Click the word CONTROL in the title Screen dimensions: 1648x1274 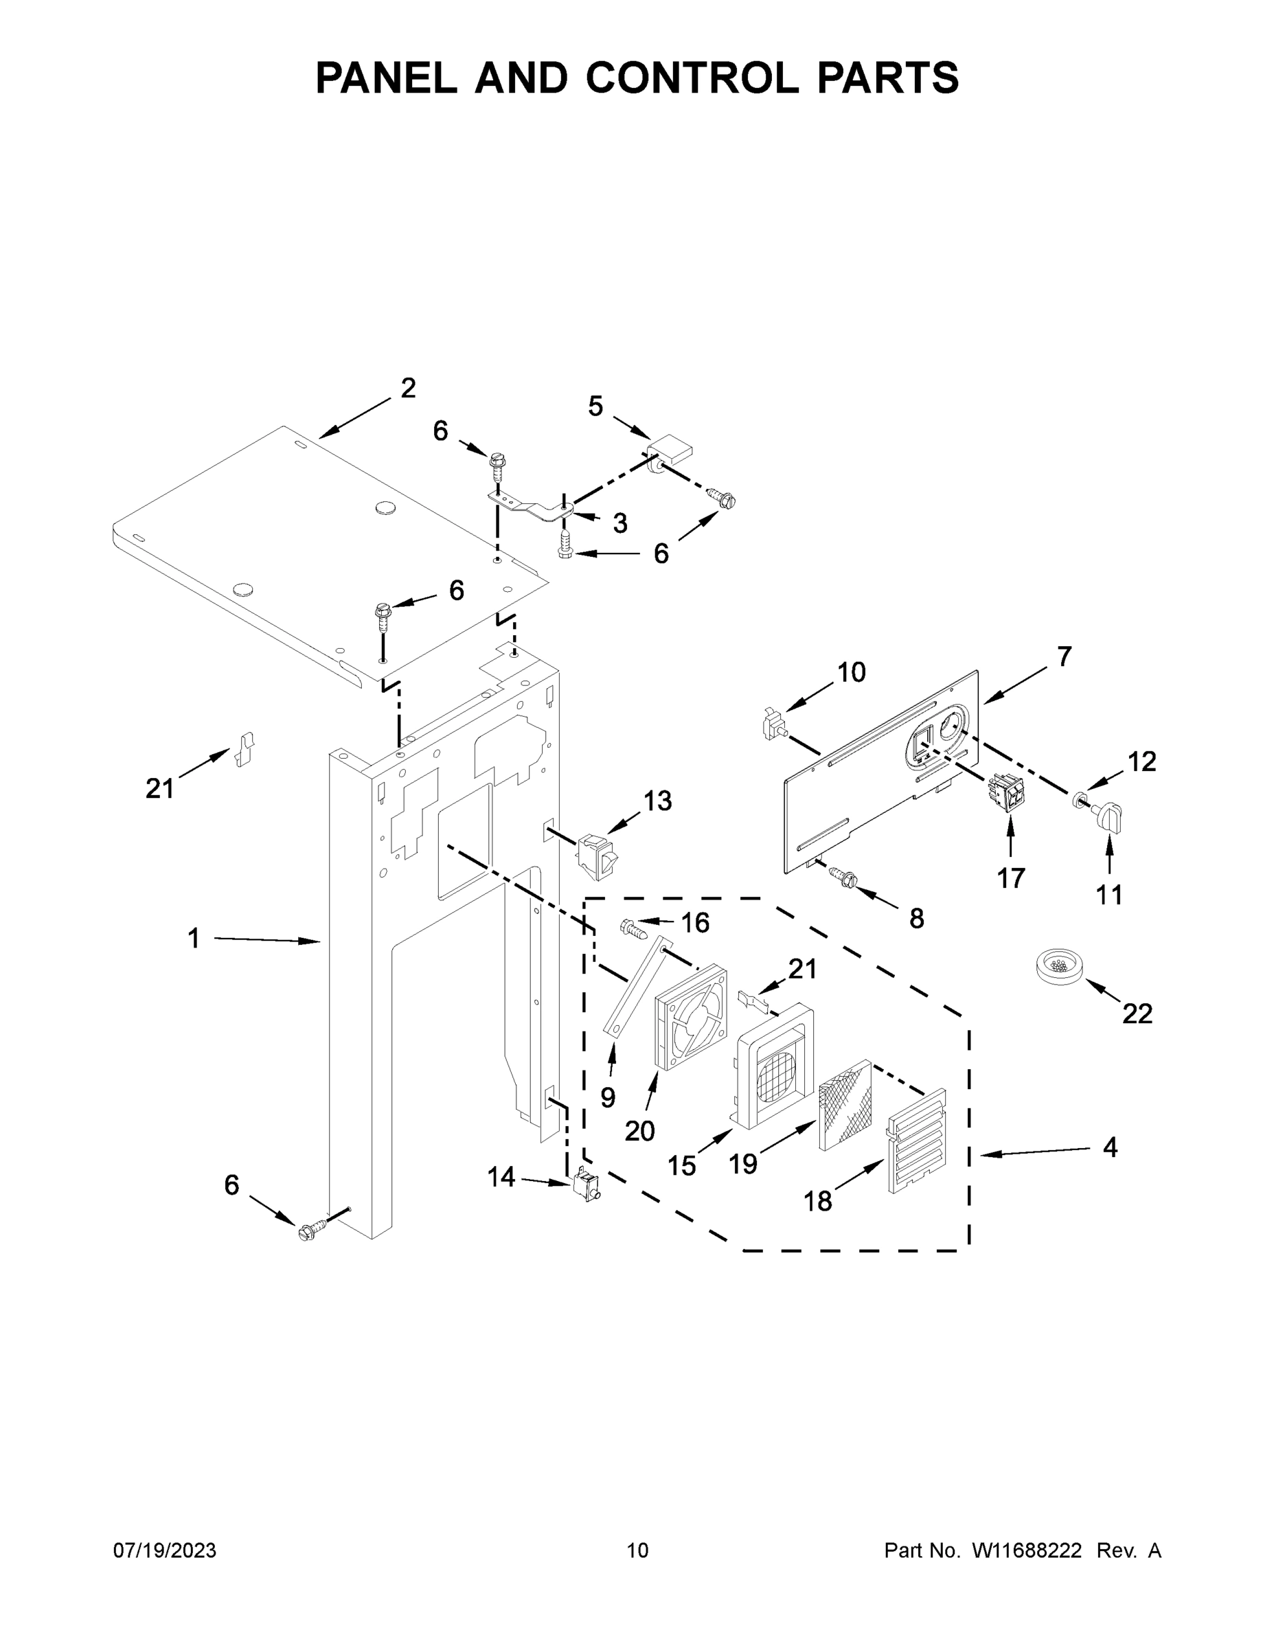tap(692, 78)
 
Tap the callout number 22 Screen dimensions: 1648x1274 tap(1137, 1014)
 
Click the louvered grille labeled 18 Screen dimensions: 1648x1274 tap(917, 1141)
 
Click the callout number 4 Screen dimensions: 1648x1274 tap(1109, 1147)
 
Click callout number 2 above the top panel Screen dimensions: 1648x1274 tap(407, 388)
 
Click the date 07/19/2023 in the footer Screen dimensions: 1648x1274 tap(165, 1550)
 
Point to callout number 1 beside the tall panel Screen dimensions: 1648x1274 tap(194, 939)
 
